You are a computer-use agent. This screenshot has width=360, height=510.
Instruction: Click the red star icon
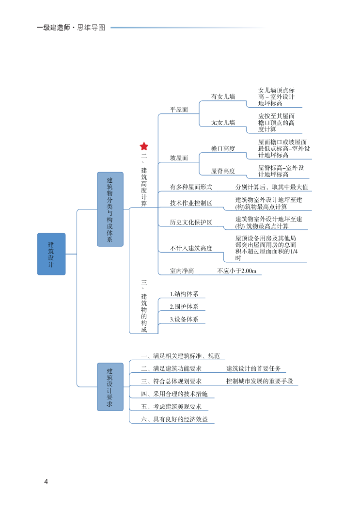(x=144, y=146)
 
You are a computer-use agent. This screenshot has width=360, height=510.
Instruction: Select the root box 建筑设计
(x=51, y=254)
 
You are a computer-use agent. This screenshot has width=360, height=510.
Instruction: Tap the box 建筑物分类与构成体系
(x=110, y=209)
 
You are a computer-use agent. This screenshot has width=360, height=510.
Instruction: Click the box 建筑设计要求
(x=110, y=387)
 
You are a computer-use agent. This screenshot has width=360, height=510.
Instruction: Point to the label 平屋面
(x=179, y=110)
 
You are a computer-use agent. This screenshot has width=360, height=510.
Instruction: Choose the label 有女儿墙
(x=223, y=97)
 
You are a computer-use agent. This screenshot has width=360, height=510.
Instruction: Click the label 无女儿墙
(x=223, y=123)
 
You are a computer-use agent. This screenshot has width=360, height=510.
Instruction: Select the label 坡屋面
(x=179, y=158)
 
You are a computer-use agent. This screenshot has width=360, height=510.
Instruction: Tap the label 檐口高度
(x=223, y=149)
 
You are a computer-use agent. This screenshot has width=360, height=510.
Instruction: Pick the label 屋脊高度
(x=223, y=171)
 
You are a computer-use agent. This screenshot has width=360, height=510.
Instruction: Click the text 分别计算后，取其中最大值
(x=272, y=187)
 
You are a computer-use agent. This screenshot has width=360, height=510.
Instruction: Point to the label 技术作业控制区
(x=191, y=203)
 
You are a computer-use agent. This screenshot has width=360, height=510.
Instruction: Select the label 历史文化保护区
(x=191, y=223)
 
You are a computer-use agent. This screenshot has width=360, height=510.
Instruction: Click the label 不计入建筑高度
(x=191, y=248)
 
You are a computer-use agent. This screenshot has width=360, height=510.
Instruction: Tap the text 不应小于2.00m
(x=237, y=271)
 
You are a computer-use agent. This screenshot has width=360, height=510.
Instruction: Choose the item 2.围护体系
(x=184, y=307)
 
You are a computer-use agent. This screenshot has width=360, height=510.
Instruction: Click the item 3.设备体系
(x=184, y=319)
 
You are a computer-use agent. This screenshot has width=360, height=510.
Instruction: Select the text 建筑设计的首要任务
(x=253, y=369)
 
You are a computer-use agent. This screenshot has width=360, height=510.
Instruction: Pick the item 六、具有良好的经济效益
(x=174, y=419)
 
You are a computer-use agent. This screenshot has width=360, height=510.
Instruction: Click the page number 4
(x=46, y=482)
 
